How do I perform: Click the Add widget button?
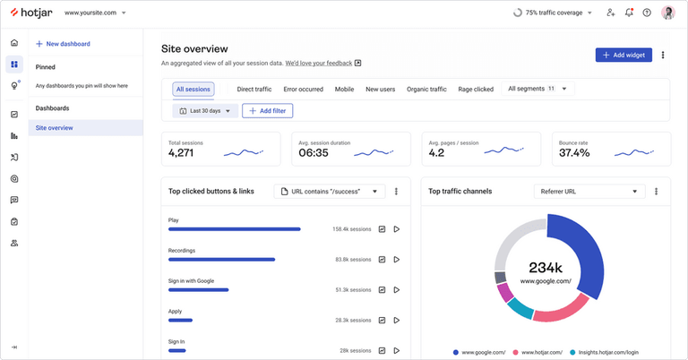[623, 55]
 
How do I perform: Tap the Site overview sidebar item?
[55, 128]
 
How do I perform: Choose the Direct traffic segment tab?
[254, 90]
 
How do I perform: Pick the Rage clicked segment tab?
[476, 90]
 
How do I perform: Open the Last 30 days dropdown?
[206, 111]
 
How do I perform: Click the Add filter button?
[267, 111]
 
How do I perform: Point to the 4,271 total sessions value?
[187, 153]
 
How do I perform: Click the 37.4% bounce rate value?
[574, 153]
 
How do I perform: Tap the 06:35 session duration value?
[314, 153]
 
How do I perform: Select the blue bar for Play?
[235, 229]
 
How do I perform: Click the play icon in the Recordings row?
[396, 260]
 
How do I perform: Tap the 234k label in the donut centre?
[546, 268]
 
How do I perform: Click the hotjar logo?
[32, 13]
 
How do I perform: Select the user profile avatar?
[668, 13]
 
